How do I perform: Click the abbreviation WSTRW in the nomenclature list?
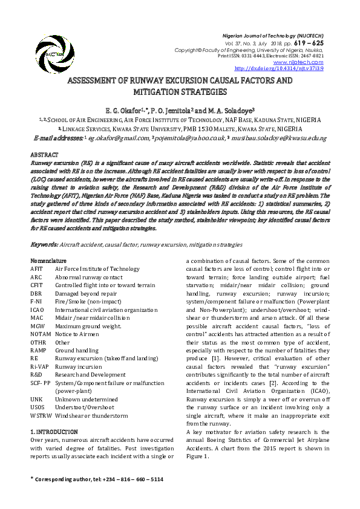(41, 416)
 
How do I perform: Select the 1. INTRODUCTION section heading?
(54, 432)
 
